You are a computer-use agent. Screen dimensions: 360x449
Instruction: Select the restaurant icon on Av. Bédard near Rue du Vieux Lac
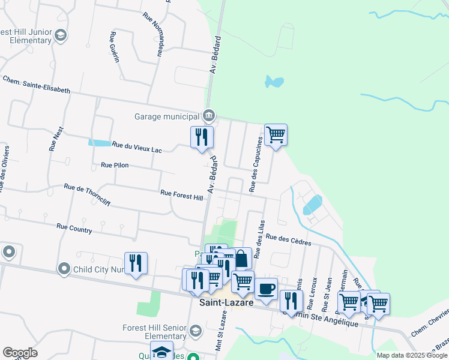pos(202,136)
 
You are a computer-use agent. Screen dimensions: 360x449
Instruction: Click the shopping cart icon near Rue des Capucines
pos(276,134)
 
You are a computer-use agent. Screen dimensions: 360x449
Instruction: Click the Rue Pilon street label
pos(115,164)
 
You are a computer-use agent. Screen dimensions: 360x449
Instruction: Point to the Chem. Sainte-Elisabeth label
pos(37,84)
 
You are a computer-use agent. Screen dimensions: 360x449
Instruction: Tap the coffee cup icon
pos(266,288)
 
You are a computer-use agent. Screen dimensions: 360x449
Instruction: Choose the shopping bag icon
pos(241,259)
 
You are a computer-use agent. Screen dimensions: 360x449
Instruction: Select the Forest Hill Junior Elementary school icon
pos(60,36)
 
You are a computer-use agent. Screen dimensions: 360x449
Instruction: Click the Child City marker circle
pos(64,269)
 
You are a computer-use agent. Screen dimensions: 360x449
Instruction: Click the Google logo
pos(20,353)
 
